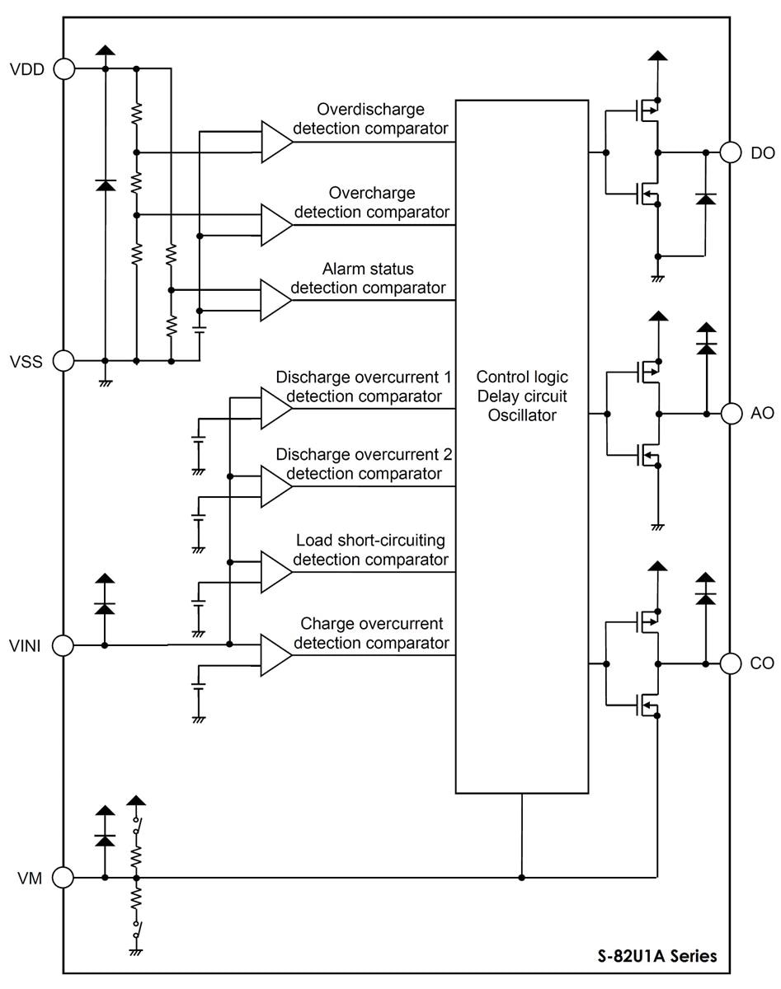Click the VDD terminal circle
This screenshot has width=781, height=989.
click(x=64, y=69)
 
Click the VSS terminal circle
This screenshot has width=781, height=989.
click(x=64, y=360)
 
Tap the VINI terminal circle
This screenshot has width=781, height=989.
click(x=64, y=644)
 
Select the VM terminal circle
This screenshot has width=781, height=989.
click(x=64, y=878)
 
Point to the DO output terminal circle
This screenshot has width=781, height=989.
click(x=731, y=152)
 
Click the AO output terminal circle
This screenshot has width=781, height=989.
click(x=731, y=413)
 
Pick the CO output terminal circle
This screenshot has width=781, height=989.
click(x=731, y=663)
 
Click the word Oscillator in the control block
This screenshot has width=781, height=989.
click(x=522, y=416)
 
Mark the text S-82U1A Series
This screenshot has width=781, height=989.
click(x=657, y=957)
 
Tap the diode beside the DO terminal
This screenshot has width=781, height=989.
click(x=705, y=199)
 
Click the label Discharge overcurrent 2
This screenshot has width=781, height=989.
click(x=364, y=454)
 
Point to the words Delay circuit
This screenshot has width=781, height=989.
click(x=522, y=396)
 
